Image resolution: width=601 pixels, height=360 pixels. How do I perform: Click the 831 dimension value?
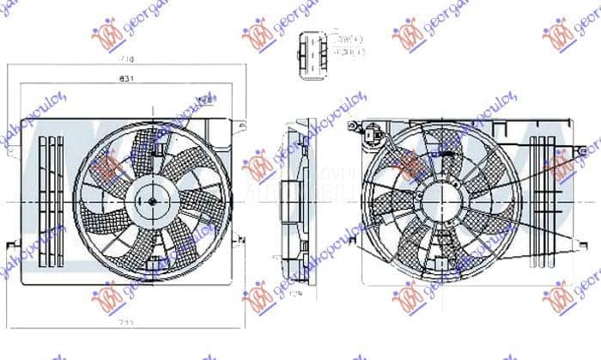point(126,77)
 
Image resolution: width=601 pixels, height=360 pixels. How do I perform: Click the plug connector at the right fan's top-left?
point(372,134)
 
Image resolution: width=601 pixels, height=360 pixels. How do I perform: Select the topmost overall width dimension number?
point(127,60)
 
